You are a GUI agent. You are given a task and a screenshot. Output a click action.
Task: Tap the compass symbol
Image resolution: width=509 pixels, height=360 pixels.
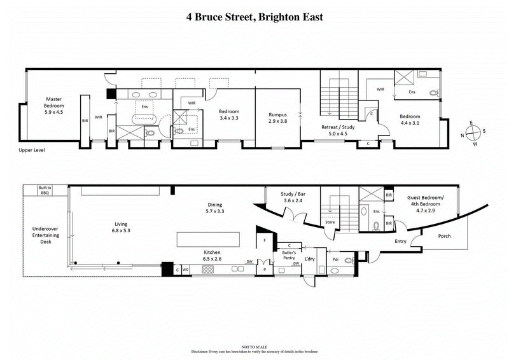[472, 133]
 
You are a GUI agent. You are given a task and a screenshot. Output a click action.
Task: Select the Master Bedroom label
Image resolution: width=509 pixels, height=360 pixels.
[54, 107]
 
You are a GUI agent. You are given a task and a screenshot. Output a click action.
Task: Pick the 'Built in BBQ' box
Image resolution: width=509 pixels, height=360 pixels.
[45, 191]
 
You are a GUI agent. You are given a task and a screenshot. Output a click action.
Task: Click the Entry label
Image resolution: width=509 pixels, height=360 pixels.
[400, 242]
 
